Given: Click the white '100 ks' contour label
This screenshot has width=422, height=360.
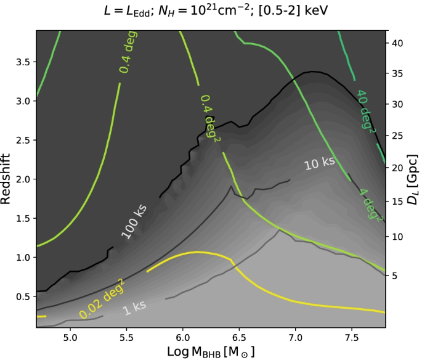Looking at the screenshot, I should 134,223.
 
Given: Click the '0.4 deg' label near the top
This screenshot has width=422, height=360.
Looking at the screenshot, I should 128,52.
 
